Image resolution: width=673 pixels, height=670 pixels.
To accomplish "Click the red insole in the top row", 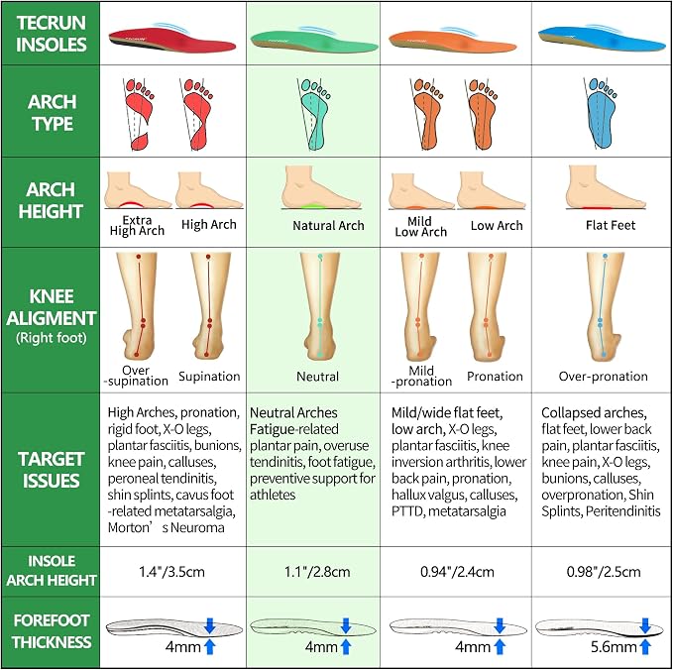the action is click(x=171, y=40).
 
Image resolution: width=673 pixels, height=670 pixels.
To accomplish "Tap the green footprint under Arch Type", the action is click(x=315, y=114).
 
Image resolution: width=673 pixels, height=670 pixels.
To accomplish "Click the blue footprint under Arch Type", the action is click(x=601, y=112).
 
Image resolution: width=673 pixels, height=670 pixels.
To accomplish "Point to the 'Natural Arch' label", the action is click(x=328, y=225).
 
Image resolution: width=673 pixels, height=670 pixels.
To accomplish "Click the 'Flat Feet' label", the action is click(x=611, y=225).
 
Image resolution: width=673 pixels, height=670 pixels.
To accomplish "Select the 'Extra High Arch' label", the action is click(x=137, y=225).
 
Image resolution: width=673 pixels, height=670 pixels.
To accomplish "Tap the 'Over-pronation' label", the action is click(x=603, y=377).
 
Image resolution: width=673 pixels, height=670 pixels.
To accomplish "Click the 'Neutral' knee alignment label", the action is click(x=317, y=377).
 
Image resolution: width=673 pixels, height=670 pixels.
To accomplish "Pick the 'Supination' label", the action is click(x=209, y=377).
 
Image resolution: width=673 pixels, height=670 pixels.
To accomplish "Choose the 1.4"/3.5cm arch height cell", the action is click(x=171, y=572).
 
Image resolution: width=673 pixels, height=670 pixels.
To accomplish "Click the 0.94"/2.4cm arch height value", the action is click(x=457, y=572).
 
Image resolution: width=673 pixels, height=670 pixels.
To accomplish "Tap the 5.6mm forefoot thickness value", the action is click(x=614, y=647).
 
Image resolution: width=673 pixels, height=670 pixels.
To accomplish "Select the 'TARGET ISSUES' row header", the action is click(x=52, y=470).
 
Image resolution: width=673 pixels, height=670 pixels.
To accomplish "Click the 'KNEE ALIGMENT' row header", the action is click(x=52, y=307).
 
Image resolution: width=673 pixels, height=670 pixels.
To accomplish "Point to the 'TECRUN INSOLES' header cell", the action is click(x=52, y=34).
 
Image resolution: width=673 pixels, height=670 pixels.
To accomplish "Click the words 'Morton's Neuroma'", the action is click(x=167, y=527).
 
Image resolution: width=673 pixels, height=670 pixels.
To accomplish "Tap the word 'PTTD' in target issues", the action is click(x=407, y=511).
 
